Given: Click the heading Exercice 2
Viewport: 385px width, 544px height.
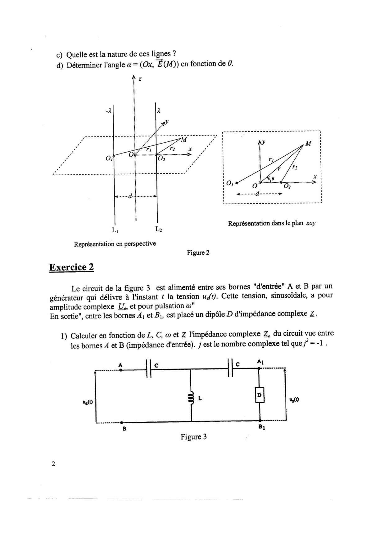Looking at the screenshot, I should coord(71,267).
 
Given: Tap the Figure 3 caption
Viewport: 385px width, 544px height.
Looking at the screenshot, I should coord(194,437).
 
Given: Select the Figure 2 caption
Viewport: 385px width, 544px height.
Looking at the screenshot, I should coord(198,253).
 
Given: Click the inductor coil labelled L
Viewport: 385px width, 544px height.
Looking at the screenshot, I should coord(191,398).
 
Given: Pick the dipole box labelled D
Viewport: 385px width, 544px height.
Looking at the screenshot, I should coord(260,395).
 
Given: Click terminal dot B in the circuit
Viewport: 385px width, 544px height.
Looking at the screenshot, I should coord(122,422).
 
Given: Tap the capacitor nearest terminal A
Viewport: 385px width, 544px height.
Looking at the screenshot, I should coord(148,368).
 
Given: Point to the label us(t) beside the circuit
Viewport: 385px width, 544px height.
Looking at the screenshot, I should coord(294,400).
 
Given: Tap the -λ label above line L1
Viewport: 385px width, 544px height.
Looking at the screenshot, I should coord(108,110).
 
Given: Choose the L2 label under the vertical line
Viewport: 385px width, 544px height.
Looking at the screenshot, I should coord(158,230).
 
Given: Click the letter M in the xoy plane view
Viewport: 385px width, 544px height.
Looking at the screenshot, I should coord(308,144).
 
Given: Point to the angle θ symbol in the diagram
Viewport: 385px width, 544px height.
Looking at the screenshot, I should coord(273,178).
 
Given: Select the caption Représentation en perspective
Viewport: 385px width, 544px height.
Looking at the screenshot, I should coord(115,244).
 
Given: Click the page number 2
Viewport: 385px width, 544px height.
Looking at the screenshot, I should coord(53,464).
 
